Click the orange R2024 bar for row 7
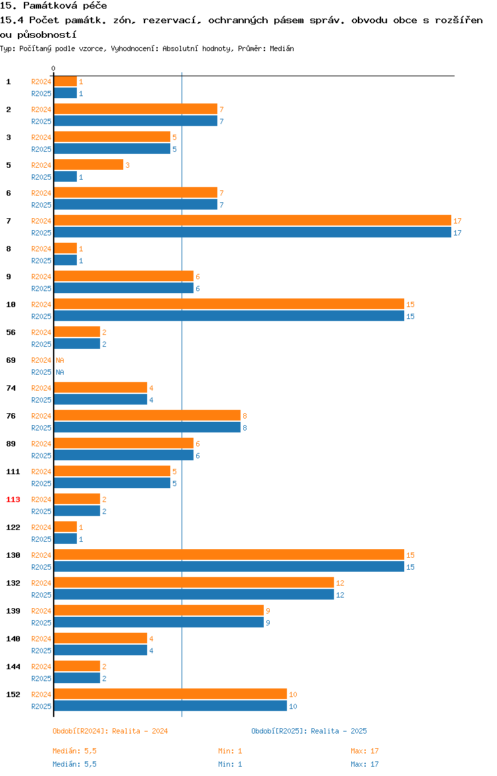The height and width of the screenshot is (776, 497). [x=252, y=221]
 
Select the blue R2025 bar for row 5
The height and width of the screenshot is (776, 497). [x=66, y=177]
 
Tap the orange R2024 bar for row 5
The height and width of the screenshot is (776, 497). [x=89, y=164]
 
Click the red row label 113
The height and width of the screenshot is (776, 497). [x=13, y=499]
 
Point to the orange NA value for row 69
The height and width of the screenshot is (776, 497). [x=60, y=360]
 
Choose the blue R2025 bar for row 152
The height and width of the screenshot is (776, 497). [x=170, y=706]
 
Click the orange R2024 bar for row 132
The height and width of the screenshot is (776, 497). [x=194, y=583]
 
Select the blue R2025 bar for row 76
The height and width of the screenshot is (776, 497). [x=147, y=428]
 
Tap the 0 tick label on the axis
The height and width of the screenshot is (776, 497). [x=54, y=69]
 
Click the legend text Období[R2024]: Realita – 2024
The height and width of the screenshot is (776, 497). [x=110, y=731]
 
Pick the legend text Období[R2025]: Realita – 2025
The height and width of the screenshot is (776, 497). [x=309, y=731]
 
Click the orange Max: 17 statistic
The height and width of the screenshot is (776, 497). [x=365, y=751]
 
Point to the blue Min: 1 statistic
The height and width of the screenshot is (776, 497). [x=231, y=764]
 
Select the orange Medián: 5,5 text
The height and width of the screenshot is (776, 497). [x=75, y=751]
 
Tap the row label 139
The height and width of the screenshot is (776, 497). [x=13, y=611]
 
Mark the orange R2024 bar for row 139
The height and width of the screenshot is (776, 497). [x=159, y=611]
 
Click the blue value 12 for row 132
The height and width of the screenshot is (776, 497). [x=340, y=595]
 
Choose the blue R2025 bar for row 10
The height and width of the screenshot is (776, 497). [x=229, y=316]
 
